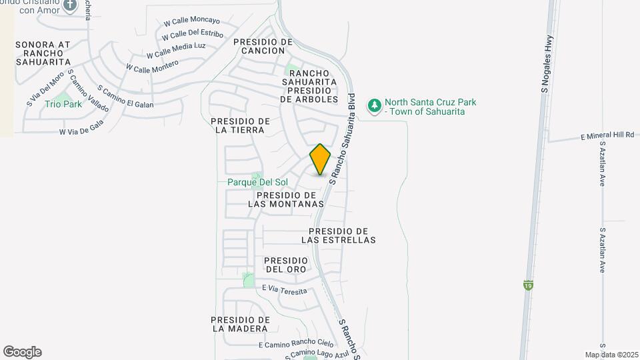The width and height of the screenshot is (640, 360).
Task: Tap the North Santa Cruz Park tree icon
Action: coord(375,106)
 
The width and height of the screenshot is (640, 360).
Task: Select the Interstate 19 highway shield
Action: coord(528,285)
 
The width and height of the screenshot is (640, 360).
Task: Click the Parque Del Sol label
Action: coord(257,182)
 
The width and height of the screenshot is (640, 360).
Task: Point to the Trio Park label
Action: coord(63,104)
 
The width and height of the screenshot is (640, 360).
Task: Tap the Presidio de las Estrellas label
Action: coord(339,235)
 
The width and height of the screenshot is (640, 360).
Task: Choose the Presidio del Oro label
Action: coord(286,265)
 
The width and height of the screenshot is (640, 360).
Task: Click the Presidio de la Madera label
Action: coord(241,324)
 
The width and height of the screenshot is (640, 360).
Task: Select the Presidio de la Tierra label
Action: coord(241,125)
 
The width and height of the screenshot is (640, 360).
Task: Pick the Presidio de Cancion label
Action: coord(263,46)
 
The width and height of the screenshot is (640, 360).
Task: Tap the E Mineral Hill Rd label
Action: coord(607,135)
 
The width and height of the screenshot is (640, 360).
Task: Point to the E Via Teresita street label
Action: coord(285,290)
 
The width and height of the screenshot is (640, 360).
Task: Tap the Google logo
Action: coord(22,352)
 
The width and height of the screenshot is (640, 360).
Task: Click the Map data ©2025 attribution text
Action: coord(610,355)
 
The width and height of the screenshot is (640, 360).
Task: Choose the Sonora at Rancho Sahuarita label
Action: coord(43,53)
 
